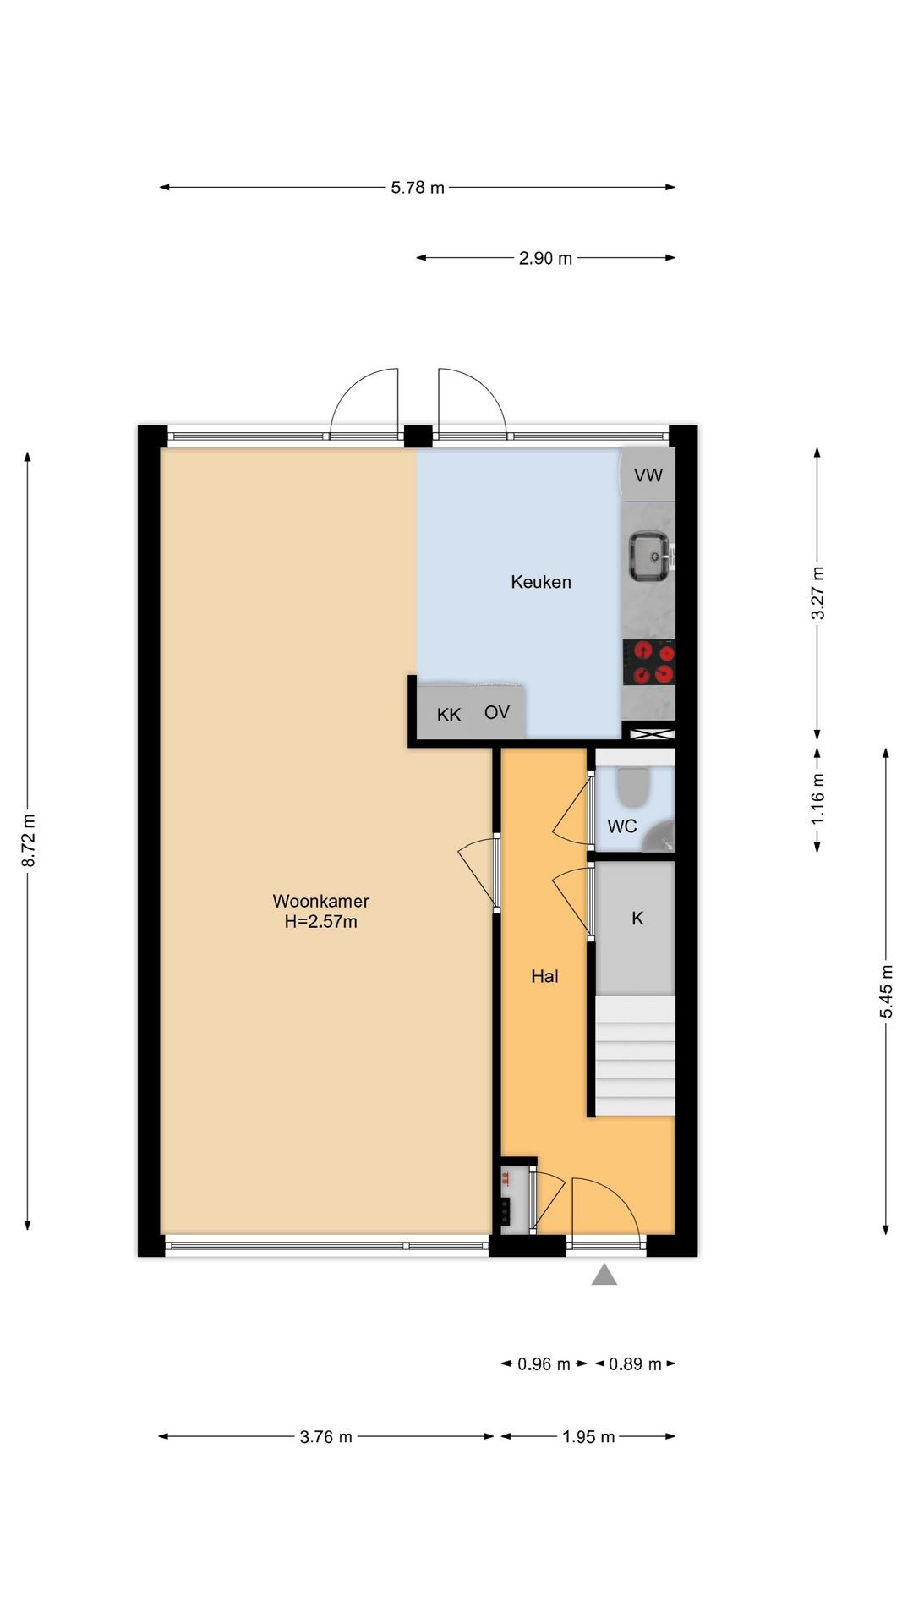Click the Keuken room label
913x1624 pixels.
[x=541, y=582]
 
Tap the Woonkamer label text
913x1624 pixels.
[x=320, y=902]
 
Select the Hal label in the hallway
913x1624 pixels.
[x=544, y=976]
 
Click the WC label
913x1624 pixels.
[x=622, y=826]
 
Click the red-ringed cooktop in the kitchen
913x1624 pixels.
[x=649, y=662]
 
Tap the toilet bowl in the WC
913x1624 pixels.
[x=632, y=787]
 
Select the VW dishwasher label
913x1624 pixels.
[x=648, y=475]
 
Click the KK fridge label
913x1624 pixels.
[x=449, y=716]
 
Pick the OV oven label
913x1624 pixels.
[x=497, y=712]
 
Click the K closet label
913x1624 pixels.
[x=637, y=919]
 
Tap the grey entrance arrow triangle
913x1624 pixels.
[x=604, y=1275]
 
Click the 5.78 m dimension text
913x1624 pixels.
[x=418, y=188]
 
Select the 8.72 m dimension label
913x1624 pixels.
[x=29, y=840]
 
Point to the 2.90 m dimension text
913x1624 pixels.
[x=545, y=258]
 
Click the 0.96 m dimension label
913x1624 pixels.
[x=544, y=1363]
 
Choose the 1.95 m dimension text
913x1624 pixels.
[x=588, y=1436]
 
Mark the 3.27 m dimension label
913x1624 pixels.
[x=817, y=592]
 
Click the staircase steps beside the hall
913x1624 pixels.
[x=636, y=1056]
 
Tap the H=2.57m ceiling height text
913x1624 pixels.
[x=320, y=922]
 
